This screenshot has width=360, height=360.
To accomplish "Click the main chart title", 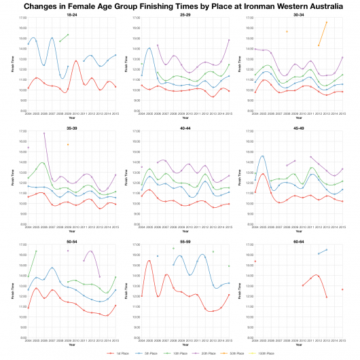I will (x=180, y=5).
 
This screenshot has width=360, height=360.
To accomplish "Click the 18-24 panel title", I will (x=71, y=14).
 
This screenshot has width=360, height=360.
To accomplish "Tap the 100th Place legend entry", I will (x=266, y=353).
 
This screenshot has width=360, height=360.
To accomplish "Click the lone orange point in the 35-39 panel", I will (x=67, y=145).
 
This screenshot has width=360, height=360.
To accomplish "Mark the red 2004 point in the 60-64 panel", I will (x=255, y=262).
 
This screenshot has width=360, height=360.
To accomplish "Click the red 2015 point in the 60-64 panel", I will (x=342, y=289).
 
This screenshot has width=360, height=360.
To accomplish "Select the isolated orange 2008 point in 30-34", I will (x=287, y=31).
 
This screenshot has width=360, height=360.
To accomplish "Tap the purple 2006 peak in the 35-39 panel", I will (x=44, y=133).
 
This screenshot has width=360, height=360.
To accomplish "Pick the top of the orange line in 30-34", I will (x=327, y=22).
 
